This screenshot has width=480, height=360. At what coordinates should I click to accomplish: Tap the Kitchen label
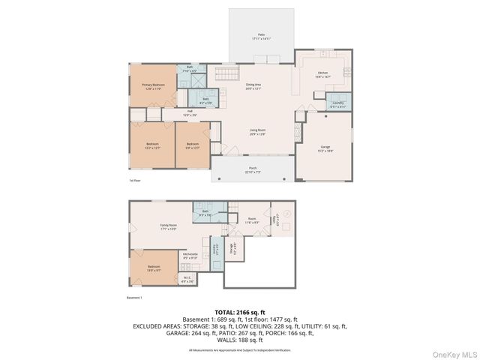pos(322,73)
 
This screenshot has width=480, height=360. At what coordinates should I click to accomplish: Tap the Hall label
pos(191,112)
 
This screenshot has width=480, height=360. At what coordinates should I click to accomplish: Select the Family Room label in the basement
pos(168,226)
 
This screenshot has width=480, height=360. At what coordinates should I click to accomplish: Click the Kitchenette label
pos(190,255)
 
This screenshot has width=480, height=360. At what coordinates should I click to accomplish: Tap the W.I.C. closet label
pos(188,280)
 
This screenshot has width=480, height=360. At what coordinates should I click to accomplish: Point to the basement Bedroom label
pos(153,268)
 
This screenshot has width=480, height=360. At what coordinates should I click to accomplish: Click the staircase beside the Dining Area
pos(225,73)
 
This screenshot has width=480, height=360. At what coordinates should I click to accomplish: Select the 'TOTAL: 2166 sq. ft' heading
pos(240,311)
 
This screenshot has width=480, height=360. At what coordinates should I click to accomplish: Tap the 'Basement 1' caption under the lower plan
pos(135,297)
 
